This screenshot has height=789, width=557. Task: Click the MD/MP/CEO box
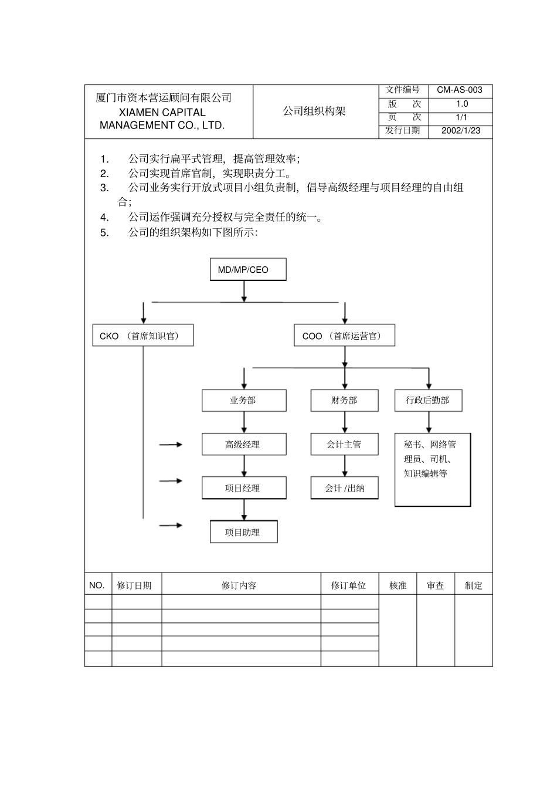click(x=248, y=270)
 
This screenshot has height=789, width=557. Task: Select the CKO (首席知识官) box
click(x=142, y=336)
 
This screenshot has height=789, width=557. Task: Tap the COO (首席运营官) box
click(x=344, y=336)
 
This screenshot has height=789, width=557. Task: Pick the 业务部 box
click(x=244, y=401)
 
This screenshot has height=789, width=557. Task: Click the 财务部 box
click(x=344, y=401)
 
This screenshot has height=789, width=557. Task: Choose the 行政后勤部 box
click(x=428, y=401)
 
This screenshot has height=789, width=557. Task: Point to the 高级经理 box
click(x=244, y=445)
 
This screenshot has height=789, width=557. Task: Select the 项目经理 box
click(x=244, y=488)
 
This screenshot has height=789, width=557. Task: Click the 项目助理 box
click(x=243, y=533)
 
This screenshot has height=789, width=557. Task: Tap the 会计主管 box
click(x=344, y=445)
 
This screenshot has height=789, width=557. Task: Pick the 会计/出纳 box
click(x=344, y=488)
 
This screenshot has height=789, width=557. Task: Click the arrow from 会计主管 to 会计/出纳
click(x=345, y=466)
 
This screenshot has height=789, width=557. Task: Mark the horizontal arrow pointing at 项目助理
click(x=171, y=525)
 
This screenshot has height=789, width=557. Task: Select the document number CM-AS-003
click(x=460, y=90)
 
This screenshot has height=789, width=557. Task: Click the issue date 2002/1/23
click(x=461, y=131)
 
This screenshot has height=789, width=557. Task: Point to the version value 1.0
click(x=462, y=104)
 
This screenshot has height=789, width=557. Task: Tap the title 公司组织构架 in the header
click(x=314, y=111)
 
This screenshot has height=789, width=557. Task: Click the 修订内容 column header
click(x=239, y=585)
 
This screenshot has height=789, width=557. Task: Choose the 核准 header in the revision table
click(x=398, y=585)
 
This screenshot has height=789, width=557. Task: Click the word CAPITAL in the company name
click(x=183, y=112)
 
